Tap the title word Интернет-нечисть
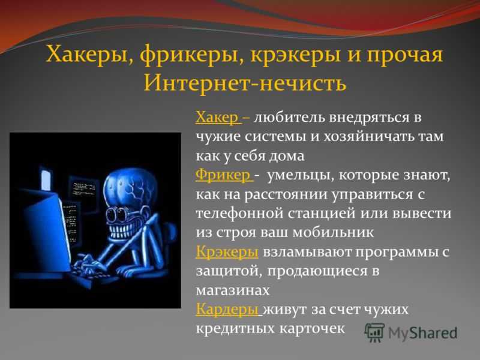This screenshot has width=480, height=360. pos(245,83)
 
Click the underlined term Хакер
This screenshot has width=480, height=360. pos(217,118)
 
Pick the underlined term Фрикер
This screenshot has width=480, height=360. pos(223,175)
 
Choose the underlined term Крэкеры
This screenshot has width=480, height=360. pos(227,251)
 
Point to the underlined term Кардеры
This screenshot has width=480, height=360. pos(227,310)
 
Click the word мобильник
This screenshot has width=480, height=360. pos(333,232)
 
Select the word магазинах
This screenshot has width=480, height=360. pos(233,290)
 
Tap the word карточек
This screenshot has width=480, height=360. pos(312,329)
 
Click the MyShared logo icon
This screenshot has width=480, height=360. pos(374,332)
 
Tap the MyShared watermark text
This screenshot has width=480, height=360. pos(422,334)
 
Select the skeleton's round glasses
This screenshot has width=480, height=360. pos(121,215)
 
